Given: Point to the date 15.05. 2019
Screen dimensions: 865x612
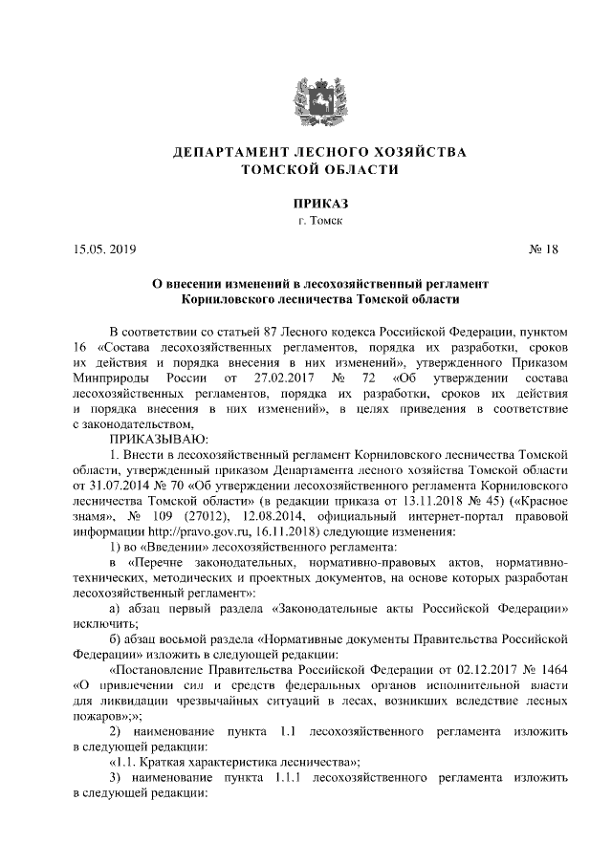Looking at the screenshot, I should click(x=104, y=250).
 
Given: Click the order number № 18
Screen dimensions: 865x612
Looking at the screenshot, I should click(x=542, y=250).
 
